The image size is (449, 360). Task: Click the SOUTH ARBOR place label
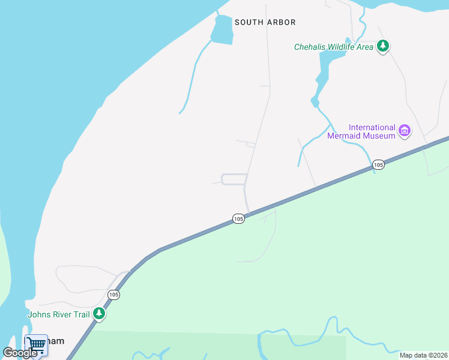pyautogui.click(x=265, y=22)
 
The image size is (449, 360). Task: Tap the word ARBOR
pyautogui.click(x=281, y=22)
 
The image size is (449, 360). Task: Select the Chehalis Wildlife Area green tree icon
pyautogui.click(x=383, y=46)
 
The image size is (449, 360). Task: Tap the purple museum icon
pyautogui.click(x=405, y=130)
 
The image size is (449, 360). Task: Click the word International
pyautogui.click(x=372, y=127)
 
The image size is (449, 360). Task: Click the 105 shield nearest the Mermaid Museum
pyautogui.click(x=378, y=164)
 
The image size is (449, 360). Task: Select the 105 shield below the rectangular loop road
pyautogui.click(x=238, y=219)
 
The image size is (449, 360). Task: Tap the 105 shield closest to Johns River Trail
pyautogui.click(x=113, y=295)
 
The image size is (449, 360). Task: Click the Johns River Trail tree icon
pyautogui.click(x=99, y=313)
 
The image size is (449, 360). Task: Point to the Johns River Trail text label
pyautogui.click(x=58, y=314)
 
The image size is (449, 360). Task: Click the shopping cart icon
pyautogui.click(x=36, y=344)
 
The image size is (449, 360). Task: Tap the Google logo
pyautogui.click(x=20, y=353)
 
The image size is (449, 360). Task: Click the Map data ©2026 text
pyautogui.click(x=423, y=355)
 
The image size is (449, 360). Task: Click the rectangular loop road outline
pyautogui.click(x=234, y=179)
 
